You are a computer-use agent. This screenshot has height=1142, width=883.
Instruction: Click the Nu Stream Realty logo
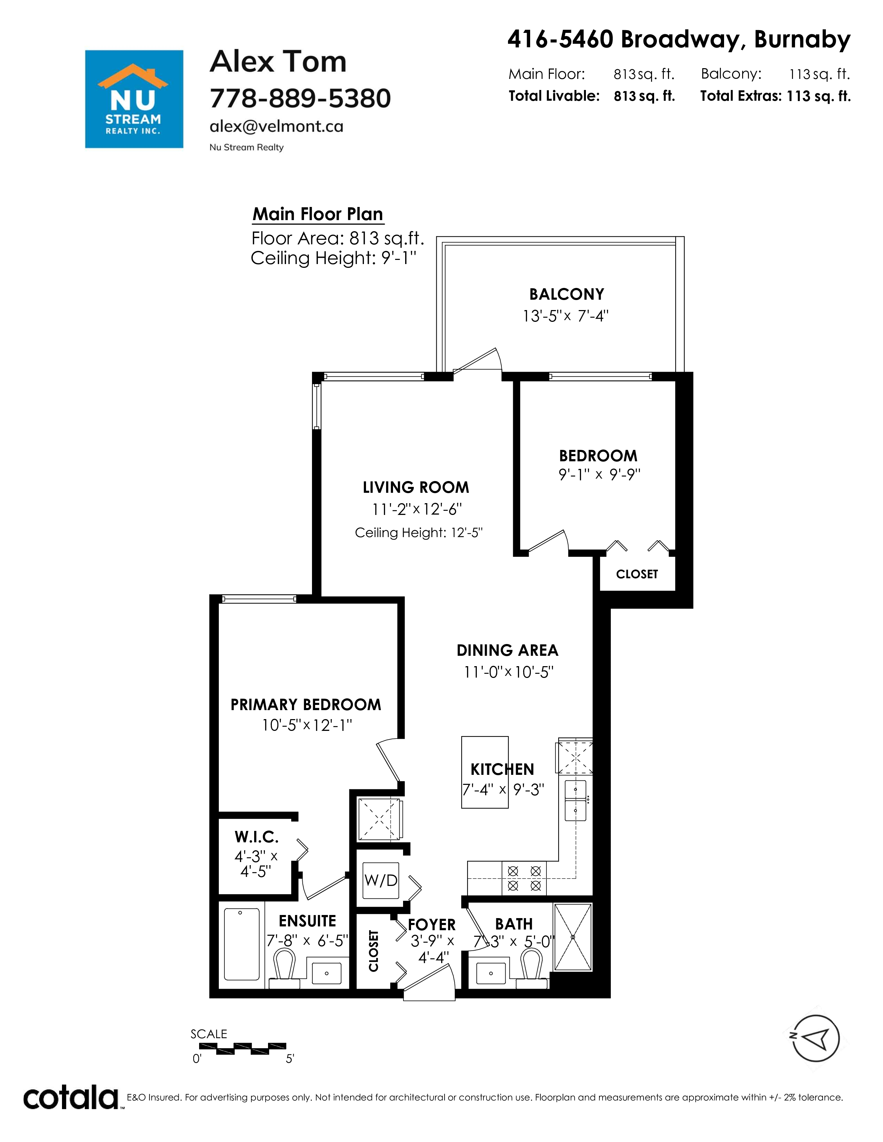pyautogui.click(x=134, y=99)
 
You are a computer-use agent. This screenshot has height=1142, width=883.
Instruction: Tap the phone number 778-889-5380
pyautogui.click(x=300, y=98)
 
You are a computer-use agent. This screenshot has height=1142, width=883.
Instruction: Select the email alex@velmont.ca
pyautogui.click(x=276, y=127)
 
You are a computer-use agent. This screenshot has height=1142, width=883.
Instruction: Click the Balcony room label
pyautogui.click(x=567, y=294)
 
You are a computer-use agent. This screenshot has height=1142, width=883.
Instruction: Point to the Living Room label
pyautogui.click(x=416, y=487)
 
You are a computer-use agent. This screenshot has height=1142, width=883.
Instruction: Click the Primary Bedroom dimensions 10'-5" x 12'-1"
pyautogui.click(x=307, y=725)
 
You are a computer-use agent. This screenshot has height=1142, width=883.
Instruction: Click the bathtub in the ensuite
pyautogui.click(x=242, y=944)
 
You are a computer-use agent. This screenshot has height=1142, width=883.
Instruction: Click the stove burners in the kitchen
pyautogui.click(x=524, y=878)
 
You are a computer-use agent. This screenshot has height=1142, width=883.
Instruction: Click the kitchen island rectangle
pyautogui.click(x=485, y=772)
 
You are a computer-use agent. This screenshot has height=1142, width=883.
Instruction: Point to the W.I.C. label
pyautogui.click(x=256, y=837)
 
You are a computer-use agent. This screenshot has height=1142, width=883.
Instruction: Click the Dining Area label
pyautogui.click(x=507, y=651)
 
